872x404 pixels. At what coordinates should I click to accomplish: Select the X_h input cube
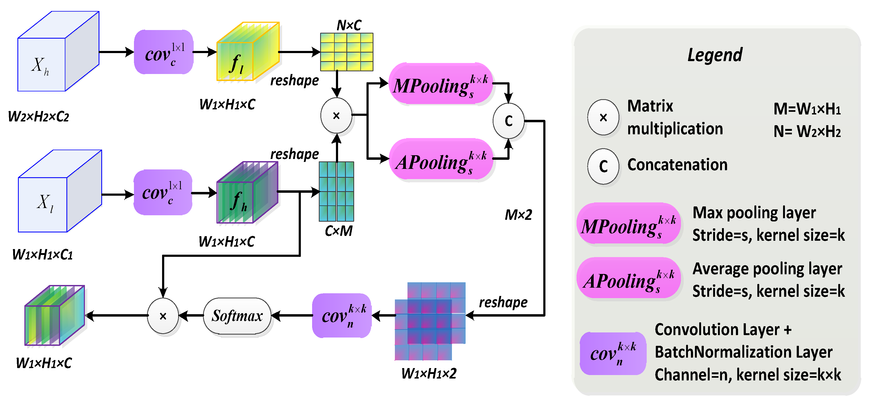click(x=58, y=51)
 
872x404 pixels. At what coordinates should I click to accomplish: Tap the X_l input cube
click(x=60, y=191)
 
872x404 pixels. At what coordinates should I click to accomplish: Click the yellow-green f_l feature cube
click(x=248, y=51)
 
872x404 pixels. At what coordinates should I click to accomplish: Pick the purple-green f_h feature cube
click(x=248, y=192)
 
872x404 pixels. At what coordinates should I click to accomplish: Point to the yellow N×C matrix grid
click(x=347, y=52)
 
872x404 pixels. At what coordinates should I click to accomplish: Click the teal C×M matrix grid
click(x=336, y=191)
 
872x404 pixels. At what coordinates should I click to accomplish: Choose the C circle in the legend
click(x=603, y=166)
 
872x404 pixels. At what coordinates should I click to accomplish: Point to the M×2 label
click(x=518, y=215)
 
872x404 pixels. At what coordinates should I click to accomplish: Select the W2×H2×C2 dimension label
click(x=39, y=117)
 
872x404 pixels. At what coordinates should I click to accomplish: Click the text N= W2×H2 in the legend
click(x=807, y=131)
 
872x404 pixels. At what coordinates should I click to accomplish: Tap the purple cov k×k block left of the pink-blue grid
click(x=342, y=316)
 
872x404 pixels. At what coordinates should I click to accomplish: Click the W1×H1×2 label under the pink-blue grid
click(x=429, y=373)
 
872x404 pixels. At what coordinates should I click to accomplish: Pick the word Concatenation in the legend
click(x=677, y=165)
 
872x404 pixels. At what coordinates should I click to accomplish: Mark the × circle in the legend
click(x=603, y=117)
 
